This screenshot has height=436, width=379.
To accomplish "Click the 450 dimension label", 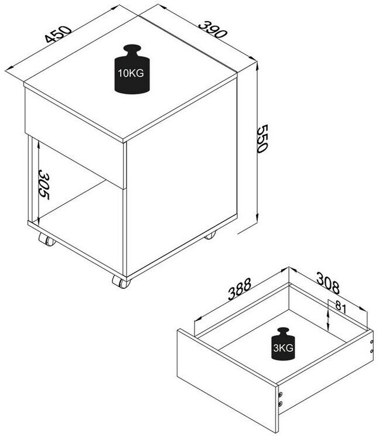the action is coord(59,34).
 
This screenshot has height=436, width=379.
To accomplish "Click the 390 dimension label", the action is coord(213,29).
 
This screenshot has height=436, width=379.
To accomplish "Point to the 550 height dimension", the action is coord(262,138).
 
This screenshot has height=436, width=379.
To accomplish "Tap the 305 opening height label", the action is coord(44,185).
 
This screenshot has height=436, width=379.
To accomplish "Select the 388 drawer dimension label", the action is coord(240,289).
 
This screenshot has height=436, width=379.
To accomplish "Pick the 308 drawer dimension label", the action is coord(328,283).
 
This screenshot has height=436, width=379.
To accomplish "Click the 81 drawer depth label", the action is coord(341,306).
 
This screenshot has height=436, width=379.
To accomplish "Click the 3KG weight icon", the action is coord(283,344).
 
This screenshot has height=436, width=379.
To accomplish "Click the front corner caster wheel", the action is coord(121,282).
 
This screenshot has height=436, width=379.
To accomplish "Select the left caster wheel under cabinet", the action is coord(47,240).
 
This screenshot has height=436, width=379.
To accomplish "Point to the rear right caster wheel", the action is coord(210,236).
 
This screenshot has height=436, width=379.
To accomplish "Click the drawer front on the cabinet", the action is coord(75,138).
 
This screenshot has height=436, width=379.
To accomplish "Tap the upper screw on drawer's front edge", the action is coord(280,394).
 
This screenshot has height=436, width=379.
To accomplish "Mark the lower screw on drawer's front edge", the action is coord(280,403).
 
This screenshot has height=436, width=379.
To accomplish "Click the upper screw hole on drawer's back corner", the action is coord(371,342).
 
